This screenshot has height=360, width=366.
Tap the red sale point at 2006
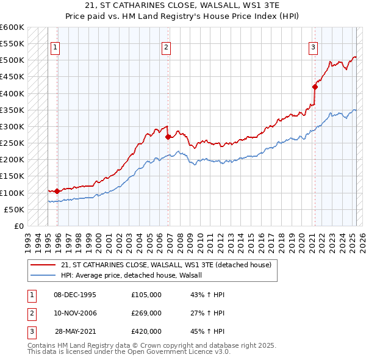coord(167,137)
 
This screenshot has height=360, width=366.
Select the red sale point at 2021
coord(315,87)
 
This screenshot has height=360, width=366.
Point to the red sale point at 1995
coord(57,191)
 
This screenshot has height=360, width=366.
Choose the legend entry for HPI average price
coord(135,275)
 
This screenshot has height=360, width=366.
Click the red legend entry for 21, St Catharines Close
coord(170,265)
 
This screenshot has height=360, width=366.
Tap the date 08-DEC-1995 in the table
coord(75,295)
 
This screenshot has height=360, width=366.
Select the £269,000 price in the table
coord(146,313)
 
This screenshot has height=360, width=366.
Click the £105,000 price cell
coord(146,295)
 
